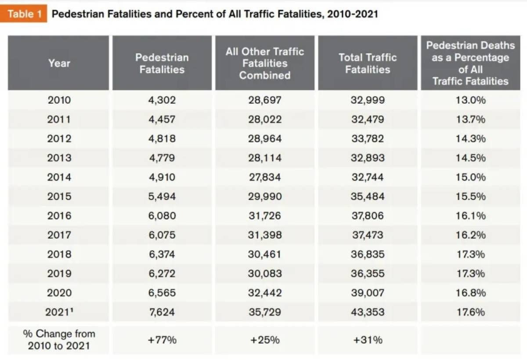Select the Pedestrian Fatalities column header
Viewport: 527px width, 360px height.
pos(162,63)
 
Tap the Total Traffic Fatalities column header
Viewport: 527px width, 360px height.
pos(368,63)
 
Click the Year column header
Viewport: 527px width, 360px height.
pos(59,63)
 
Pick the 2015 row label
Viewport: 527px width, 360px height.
pos(59,196)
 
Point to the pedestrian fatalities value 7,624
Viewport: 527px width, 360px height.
pos(162,312)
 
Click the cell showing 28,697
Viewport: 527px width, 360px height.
pos(264,100)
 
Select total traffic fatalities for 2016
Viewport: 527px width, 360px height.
pos(368,216)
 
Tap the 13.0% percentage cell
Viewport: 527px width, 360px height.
pos(470,100)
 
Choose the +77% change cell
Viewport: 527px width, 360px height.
pos(162,340)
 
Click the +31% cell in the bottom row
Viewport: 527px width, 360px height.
pos(368,340)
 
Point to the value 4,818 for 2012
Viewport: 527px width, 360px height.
pos(162,138)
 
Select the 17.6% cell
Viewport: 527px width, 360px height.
pos(470,312)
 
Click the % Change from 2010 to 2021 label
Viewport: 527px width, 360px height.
pos(59,340)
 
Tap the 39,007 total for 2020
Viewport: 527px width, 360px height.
pos(368,293)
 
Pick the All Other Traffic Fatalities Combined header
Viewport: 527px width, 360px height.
pos(264,63)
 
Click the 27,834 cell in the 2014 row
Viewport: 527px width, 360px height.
pos(264,177)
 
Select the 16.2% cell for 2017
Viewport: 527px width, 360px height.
pos(470,235)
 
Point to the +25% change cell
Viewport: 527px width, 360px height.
pos(264,340)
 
